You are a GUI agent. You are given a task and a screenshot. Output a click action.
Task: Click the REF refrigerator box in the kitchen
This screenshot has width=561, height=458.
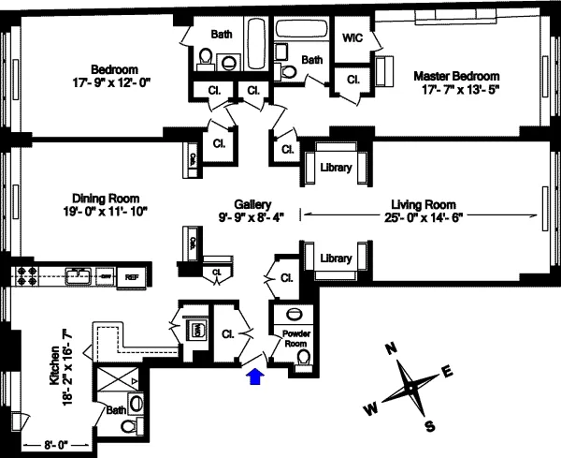click(132, 276)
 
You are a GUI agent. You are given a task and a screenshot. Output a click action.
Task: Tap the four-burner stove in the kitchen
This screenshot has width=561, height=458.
click(24, 276)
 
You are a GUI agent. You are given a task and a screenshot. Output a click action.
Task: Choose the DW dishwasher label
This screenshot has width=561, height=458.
click(106, 276)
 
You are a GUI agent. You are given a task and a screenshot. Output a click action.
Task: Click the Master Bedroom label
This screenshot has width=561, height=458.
click(456, 76)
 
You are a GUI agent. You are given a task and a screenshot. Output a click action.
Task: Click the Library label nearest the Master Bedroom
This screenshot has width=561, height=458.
click(335, 168)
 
